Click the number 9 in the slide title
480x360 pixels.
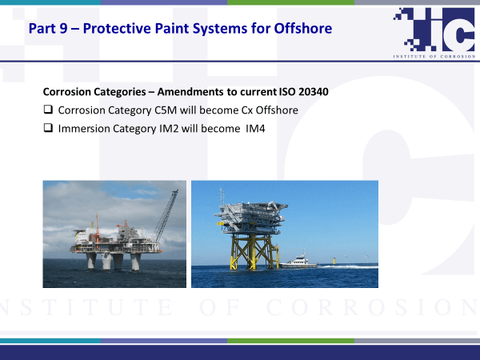[x=64, y=29]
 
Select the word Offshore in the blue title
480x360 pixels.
[x=302, y=29]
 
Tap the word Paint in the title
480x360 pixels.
[x=171, y=29]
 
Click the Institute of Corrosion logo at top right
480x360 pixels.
[x=434, y=33]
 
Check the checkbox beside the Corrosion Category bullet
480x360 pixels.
[x=48, y=110]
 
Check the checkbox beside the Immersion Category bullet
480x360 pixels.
[x=48, y=128]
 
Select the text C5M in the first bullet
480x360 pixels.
[x=166, y=110]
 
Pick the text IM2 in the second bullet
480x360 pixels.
[x=169, y=129]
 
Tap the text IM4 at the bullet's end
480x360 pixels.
[x=255, y=129]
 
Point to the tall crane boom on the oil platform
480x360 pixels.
[x=166, y=215]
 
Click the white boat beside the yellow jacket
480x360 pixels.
[x=298, y=262]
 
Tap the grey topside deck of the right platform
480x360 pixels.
[x=252, y=217]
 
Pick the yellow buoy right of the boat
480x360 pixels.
[x=334, y=261]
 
